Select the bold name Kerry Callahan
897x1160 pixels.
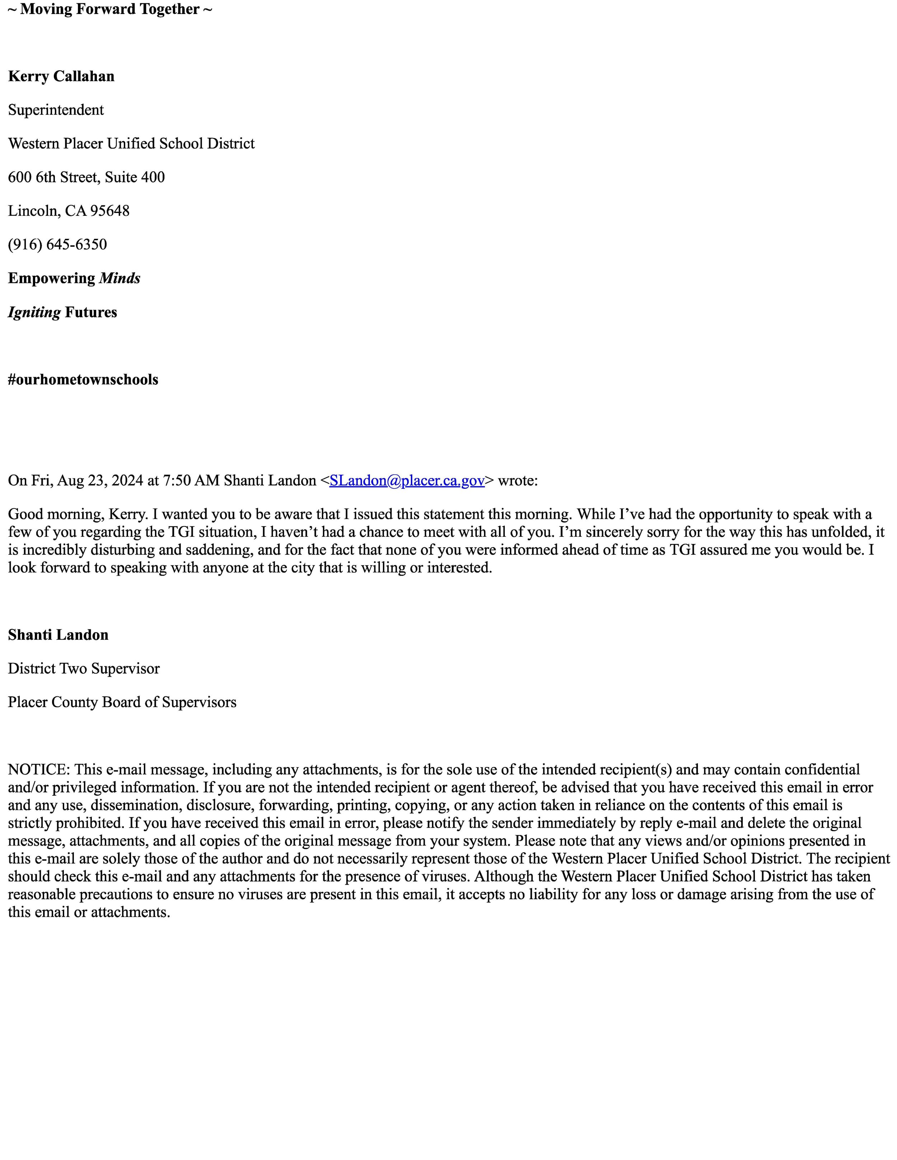61,76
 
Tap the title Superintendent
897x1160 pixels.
56,110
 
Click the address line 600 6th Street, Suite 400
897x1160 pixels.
86,177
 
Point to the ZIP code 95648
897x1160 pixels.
109,211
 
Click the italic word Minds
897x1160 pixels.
119,278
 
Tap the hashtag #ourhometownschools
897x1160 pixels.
83,380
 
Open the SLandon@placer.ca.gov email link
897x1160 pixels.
407,481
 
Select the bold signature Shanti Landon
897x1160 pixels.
58,635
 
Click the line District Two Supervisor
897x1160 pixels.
84,669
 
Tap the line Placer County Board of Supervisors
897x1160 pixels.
122,702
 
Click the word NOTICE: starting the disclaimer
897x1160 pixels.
39,770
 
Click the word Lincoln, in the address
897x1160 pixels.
34,211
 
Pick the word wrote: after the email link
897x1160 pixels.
518,481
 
